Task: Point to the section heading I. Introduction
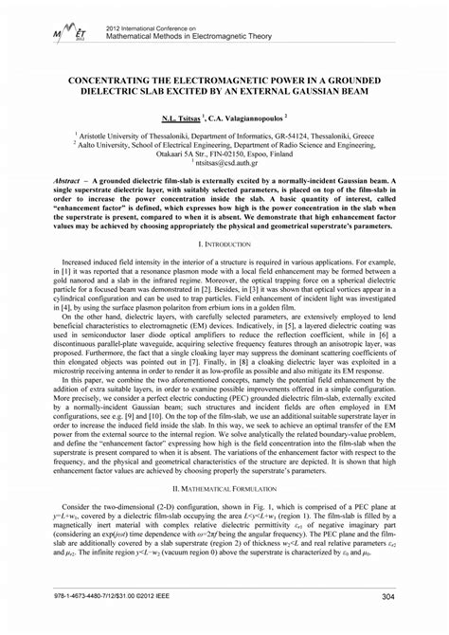click(x=224, y=245)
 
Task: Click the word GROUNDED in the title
click(x=353, y=82)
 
